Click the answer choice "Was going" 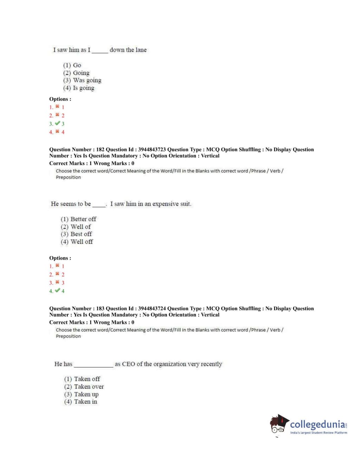[87, 80]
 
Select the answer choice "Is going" [83, 88]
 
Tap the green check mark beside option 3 [58, 123]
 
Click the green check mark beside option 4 [58, 291]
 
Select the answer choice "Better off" [83, 219]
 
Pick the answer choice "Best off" [81, 234]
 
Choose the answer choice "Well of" [80, 227]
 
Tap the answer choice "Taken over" [89, 387]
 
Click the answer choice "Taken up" [86, 394]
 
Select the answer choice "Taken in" [85, 402]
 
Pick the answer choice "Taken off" [87, 379]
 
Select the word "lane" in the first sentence [141, 50]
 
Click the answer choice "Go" [77, 65]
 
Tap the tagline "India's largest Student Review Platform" [318, 433]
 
